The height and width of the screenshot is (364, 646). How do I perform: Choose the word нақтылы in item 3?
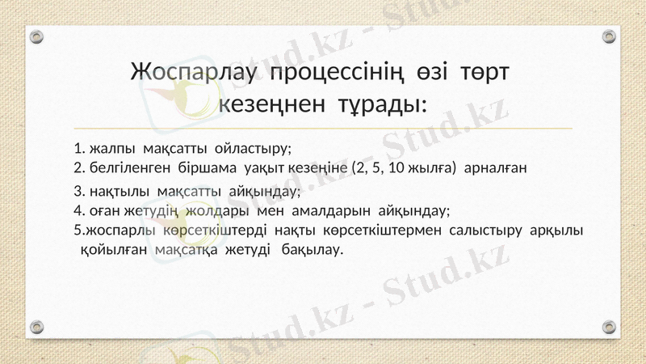[x=119, y=192]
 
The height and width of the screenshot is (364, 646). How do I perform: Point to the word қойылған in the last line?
[x=114, y=249]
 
